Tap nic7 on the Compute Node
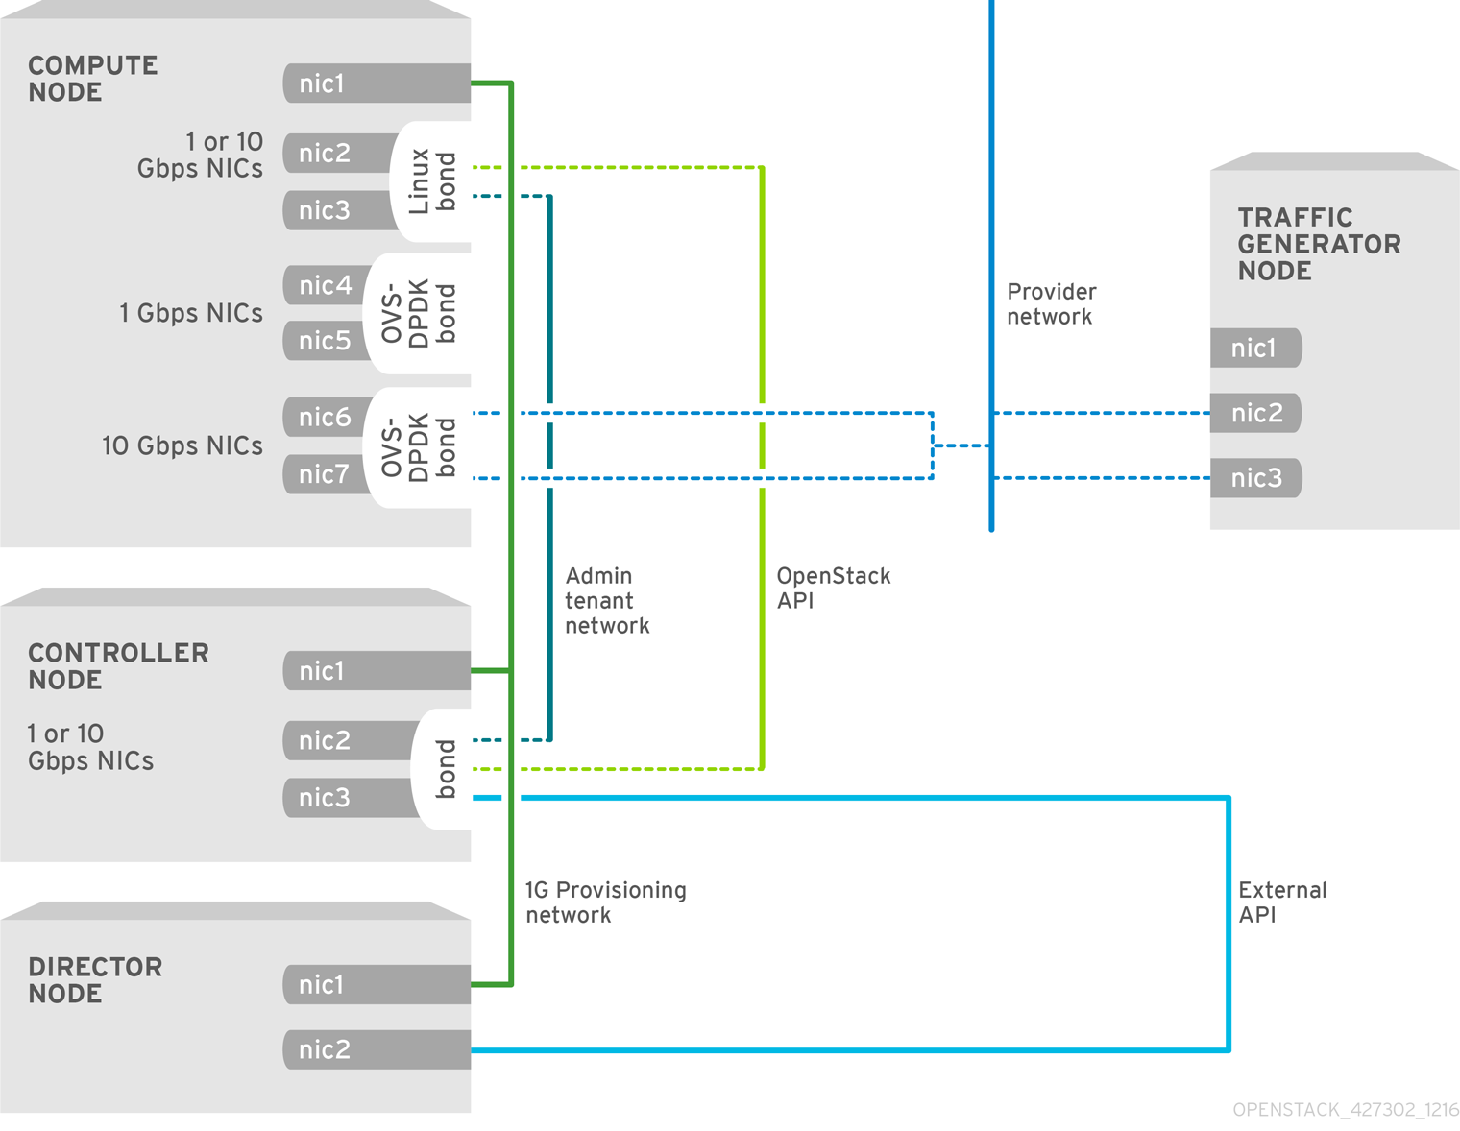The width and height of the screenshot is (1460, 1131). [325, 474]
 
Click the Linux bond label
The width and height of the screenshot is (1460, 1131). [432, 181]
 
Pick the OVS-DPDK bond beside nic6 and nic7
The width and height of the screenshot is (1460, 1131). [419, 446]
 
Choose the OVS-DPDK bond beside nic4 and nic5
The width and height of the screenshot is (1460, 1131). [419, 313]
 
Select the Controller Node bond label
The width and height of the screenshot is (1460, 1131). [445, 769]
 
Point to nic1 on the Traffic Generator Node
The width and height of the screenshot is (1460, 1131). [1254, 348]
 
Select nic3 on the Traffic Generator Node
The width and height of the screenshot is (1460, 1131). [1256, 478]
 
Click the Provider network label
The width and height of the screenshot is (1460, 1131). [1051, 304]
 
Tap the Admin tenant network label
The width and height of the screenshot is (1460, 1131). [606, 601]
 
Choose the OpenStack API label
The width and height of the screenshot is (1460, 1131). [833, 589]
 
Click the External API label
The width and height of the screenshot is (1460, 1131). [1282, 902]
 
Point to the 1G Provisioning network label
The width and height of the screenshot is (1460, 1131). [605, 902]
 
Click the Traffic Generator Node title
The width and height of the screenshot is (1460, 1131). [1318, 244]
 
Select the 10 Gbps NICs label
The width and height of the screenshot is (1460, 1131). [182, 445]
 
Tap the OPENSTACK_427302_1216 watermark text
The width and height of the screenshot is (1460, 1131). [1345, 1110]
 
